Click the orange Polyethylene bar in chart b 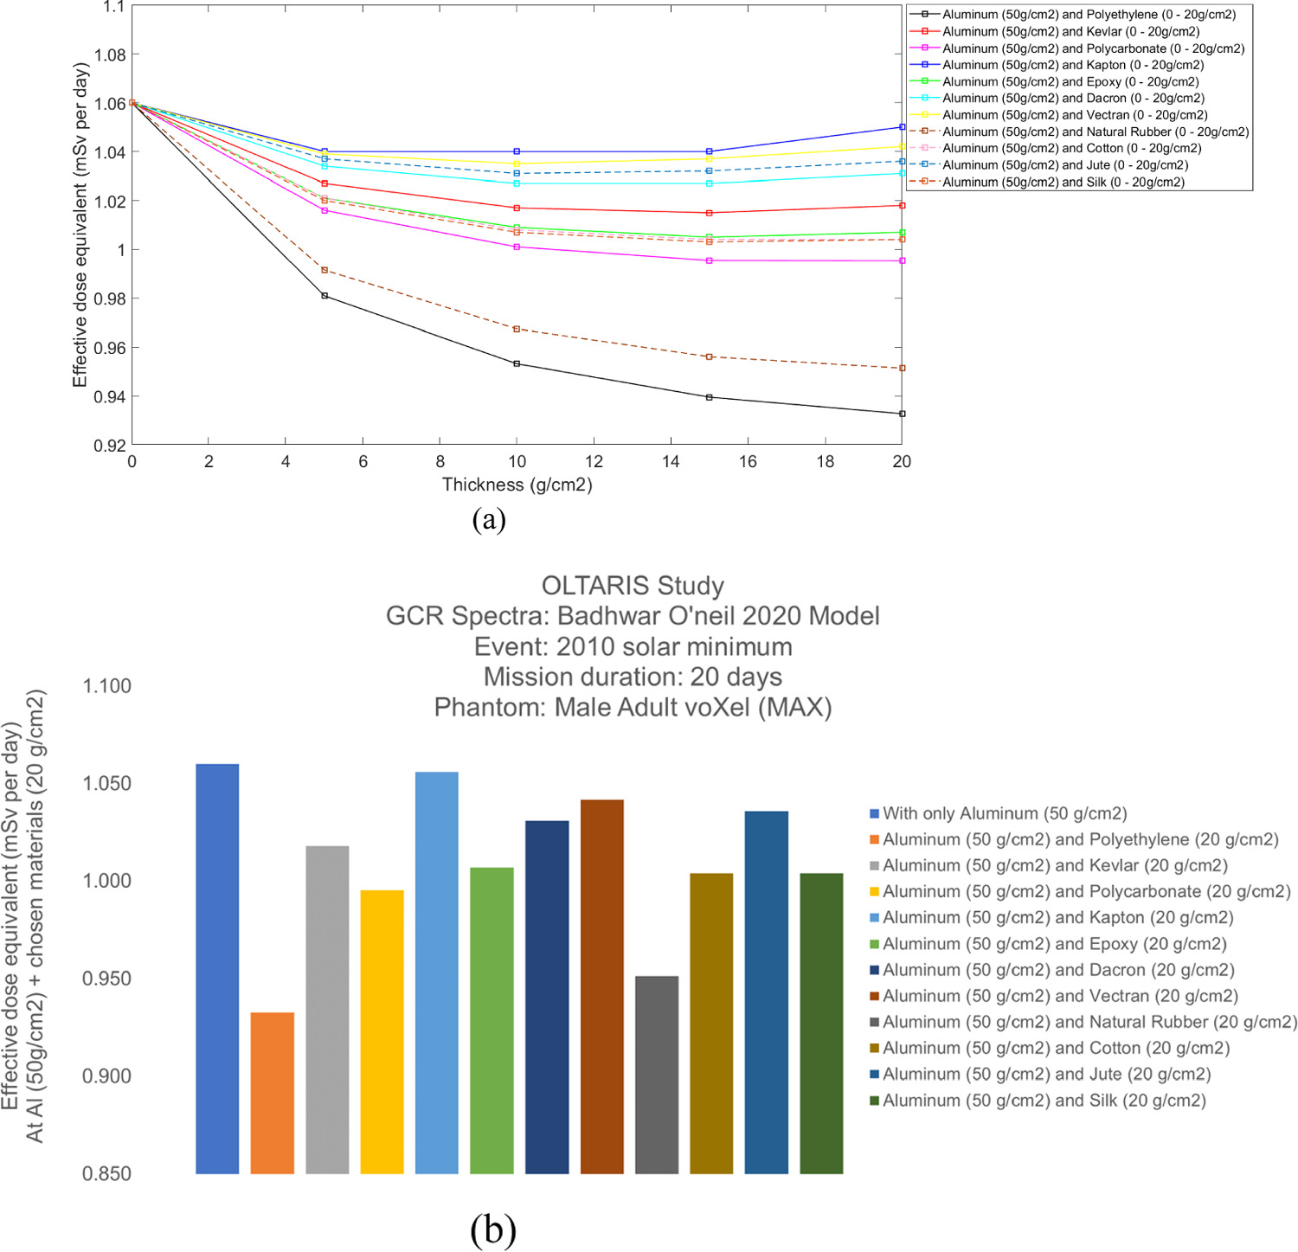[x=272, y=1092]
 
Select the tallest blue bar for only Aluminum [x=217, y=968]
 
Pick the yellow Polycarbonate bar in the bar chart [x=382, y=1031]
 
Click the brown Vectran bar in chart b [x=601, y=986]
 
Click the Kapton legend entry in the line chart [x=1072, y=65]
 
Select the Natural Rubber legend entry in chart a [x=1095, y=132]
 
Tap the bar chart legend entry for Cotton [x=1055, y=1048]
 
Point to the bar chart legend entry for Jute [x=1045, y=1074]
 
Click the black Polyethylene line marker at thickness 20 [x=902, y=414]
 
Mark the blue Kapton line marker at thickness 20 [x=902, y=127]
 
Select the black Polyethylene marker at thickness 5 [x=324, y=296]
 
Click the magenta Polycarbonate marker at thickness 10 [x=517, y=247]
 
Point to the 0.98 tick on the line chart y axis [x=110, y=299]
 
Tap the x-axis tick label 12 [x=594, y=462]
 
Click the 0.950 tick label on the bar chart [x=106, y=979]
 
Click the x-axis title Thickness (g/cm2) [x=517, y=485]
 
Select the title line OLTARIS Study [x=632, y=586]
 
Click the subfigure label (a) [x=489, y=519]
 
